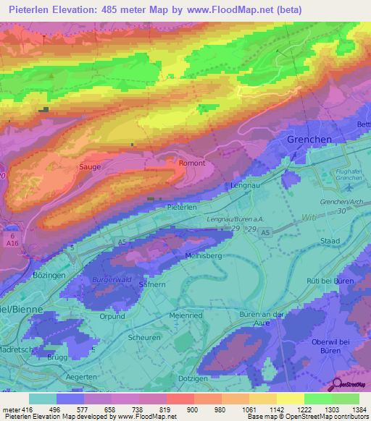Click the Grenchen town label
point(309,139)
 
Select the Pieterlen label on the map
point(182,207)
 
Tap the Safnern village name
point(151,286)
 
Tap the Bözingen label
point(50,276)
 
